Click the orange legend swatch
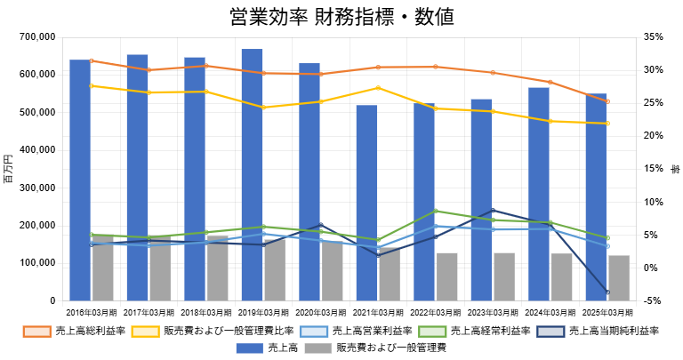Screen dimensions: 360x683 [x=36, y=332]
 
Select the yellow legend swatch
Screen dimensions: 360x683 [x=145, y=332]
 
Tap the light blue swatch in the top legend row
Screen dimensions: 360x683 [x=313, y=332]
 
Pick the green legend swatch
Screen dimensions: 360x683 [x=432, y=332]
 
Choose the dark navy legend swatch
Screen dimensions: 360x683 [x=550, y=332]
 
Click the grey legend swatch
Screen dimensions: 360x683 [x=317, y=348]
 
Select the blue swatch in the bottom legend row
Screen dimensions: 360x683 [x=249, y=348]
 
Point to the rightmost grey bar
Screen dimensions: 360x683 [x=619, y=278]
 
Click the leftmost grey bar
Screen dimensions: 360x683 [x=103, y=268]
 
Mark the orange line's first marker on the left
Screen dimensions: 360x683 [x=92, y=60]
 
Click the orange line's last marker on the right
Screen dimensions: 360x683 [x=607, y=101]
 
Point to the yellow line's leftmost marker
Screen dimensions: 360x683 [x=92, y=86]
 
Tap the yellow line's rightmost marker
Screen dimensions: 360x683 [x=607, y=124]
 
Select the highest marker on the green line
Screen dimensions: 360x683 [x=436, y=211]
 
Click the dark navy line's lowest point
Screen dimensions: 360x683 [x=607, y=292]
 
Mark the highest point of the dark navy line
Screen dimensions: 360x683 [x=493, y=210]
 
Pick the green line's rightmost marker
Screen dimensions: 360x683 [x=607, y=238]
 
